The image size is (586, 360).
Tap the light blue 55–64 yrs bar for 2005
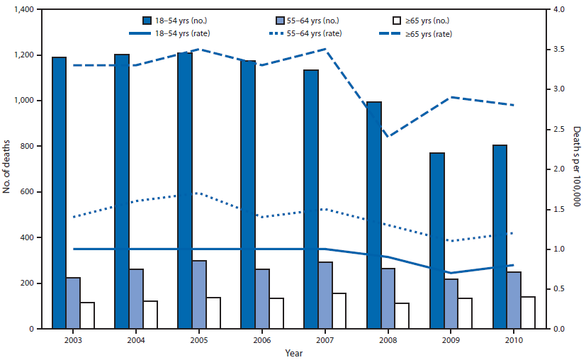pyautogui.click(x=200, y=295)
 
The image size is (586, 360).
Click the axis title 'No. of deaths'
pyautogui.click(x=7, y=169)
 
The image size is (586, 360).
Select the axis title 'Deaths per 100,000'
pyautogui.click(x=576, y=169)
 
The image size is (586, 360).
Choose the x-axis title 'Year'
pyautogui.click(x=293, y=352)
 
